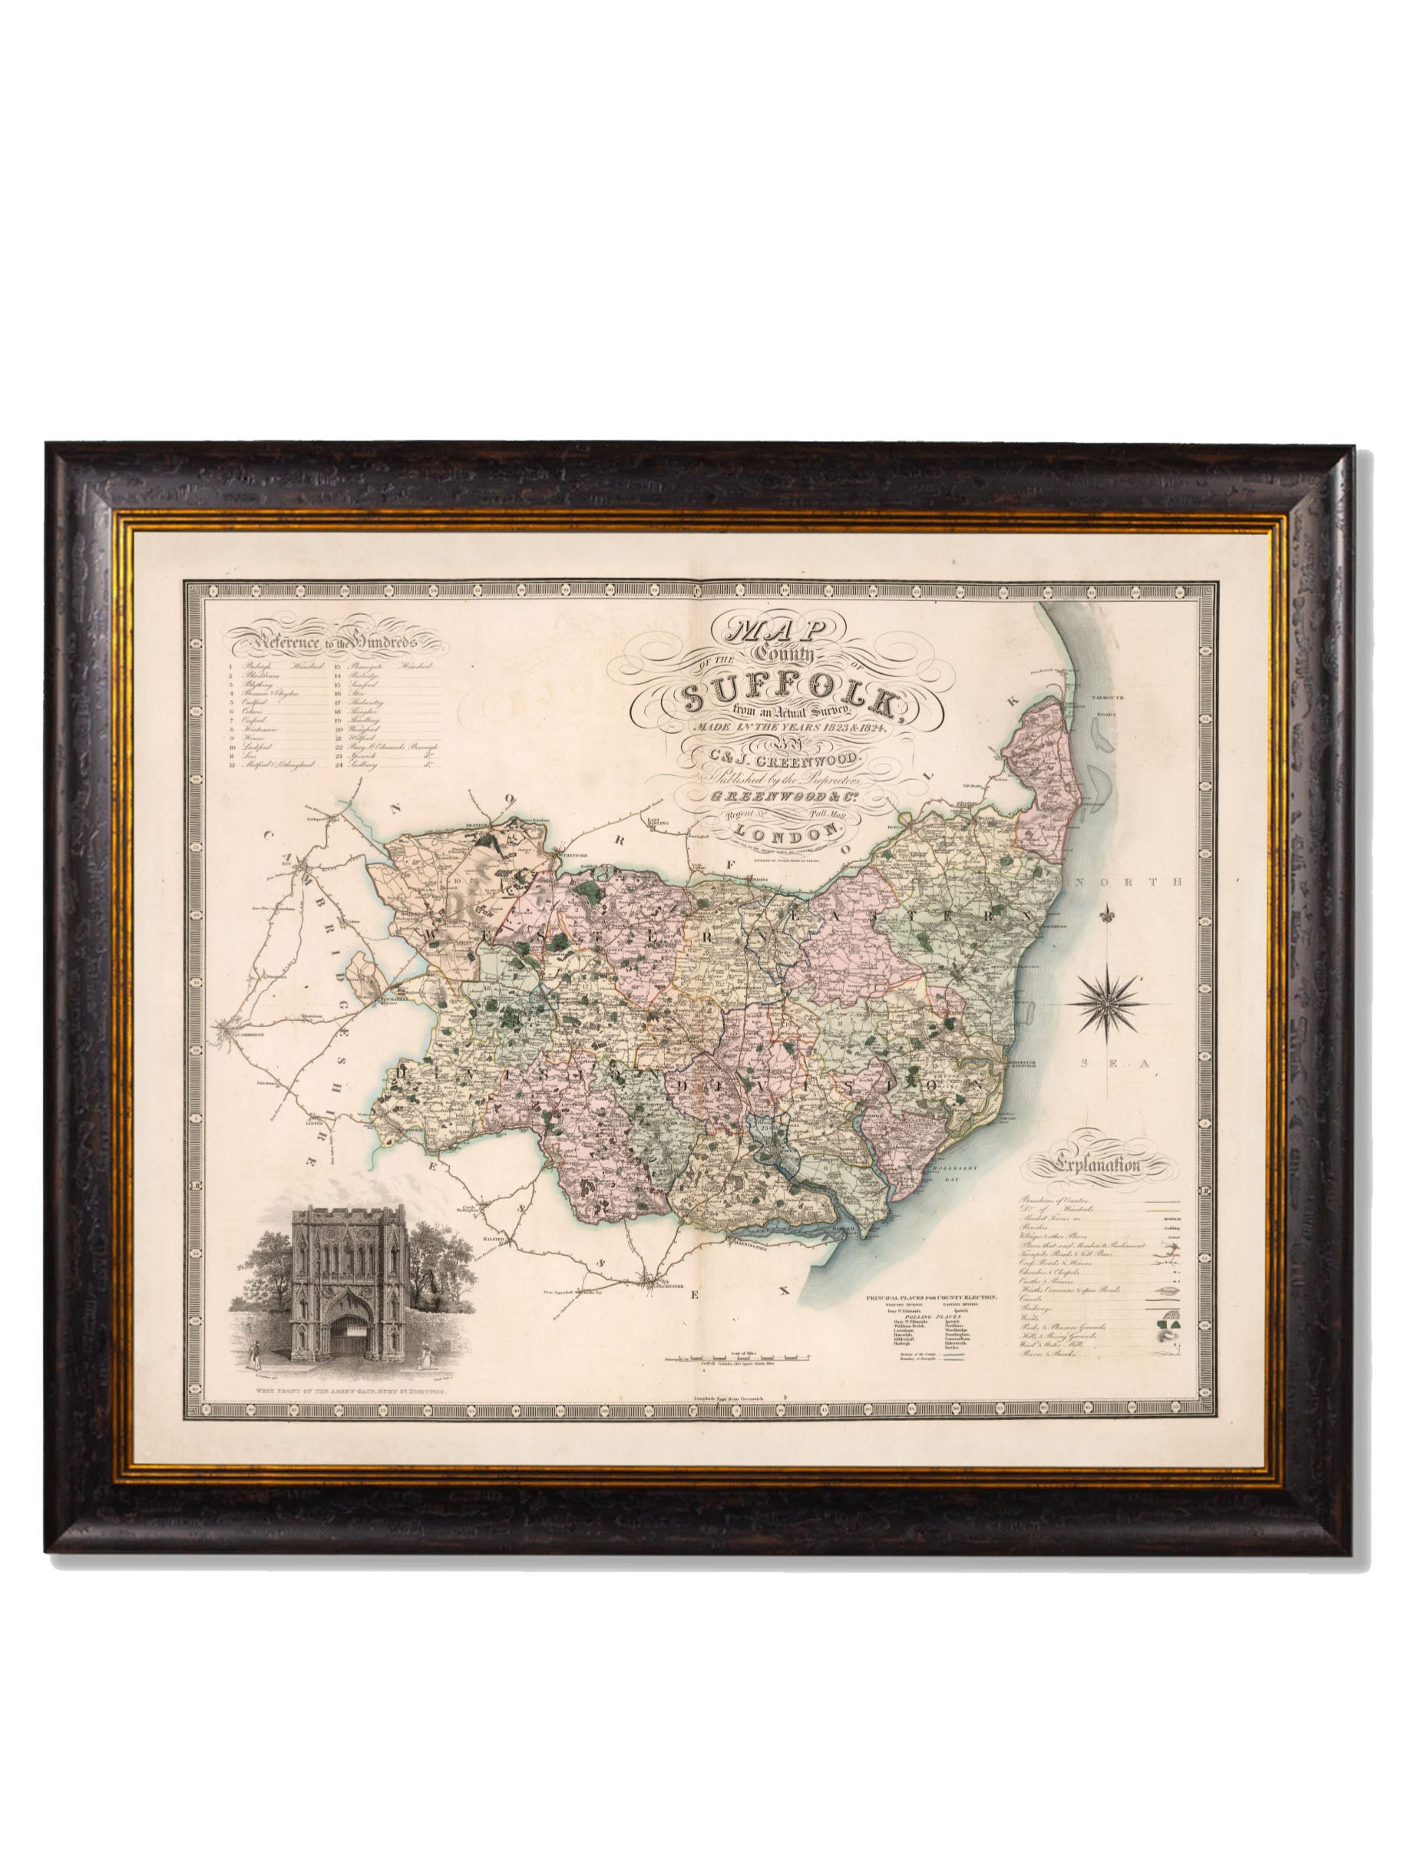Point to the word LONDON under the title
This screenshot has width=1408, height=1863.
(782, 831)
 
